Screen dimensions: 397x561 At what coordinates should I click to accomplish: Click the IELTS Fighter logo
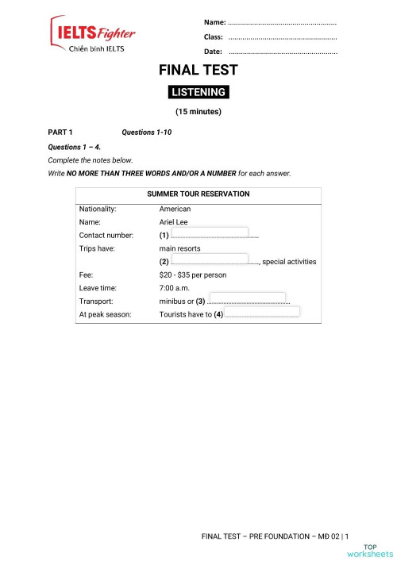(93, 34)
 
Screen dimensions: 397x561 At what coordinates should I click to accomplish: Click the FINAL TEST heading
(198, 71)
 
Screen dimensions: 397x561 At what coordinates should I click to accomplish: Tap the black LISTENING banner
(198, 92)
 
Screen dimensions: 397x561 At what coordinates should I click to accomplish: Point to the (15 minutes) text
(198, 112)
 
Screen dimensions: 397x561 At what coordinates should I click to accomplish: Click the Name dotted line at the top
(282, 22)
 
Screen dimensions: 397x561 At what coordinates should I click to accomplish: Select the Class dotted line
(282, 37)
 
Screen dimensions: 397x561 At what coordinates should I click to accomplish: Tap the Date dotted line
(282, 52)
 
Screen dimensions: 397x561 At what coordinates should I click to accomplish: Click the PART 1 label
(60, 132)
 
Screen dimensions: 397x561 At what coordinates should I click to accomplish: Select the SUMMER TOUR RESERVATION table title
(198, 194)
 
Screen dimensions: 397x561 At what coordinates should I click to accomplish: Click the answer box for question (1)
(210, 233)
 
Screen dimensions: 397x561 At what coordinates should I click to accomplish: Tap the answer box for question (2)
(210, 259)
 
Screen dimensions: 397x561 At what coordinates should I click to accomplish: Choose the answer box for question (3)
(246, 299)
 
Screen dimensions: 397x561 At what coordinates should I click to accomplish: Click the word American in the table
(175, 209)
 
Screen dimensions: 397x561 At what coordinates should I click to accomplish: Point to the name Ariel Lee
(175, 222)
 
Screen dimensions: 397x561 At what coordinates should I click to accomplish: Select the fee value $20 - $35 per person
(193, 275)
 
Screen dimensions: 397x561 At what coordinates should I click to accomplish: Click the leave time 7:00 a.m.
(175, 288)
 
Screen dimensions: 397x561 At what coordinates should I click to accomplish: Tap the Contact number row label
(106, 236)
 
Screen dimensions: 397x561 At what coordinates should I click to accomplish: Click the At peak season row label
(106, 314)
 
